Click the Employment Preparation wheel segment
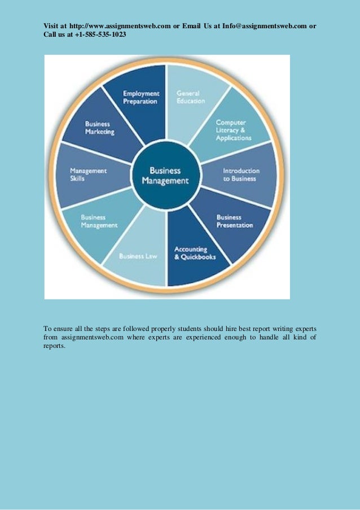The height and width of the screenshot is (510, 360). (x=141, y=97)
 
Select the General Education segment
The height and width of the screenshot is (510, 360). (x=191, y=97)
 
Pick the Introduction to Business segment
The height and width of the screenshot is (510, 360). (x=241, y=175)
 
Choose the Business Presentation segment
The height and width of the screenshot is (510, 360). (x=234, y=221)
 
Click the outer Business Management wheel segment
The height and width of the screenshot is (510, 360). (x=99, y=221)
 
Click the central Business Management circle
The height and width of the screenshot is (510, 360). (x=165, y=176)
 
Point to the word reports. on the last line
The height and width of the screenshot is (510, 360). (x=55, y=346)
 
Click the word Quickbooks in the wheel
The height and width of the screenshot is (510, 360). (x=199, y=257)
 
